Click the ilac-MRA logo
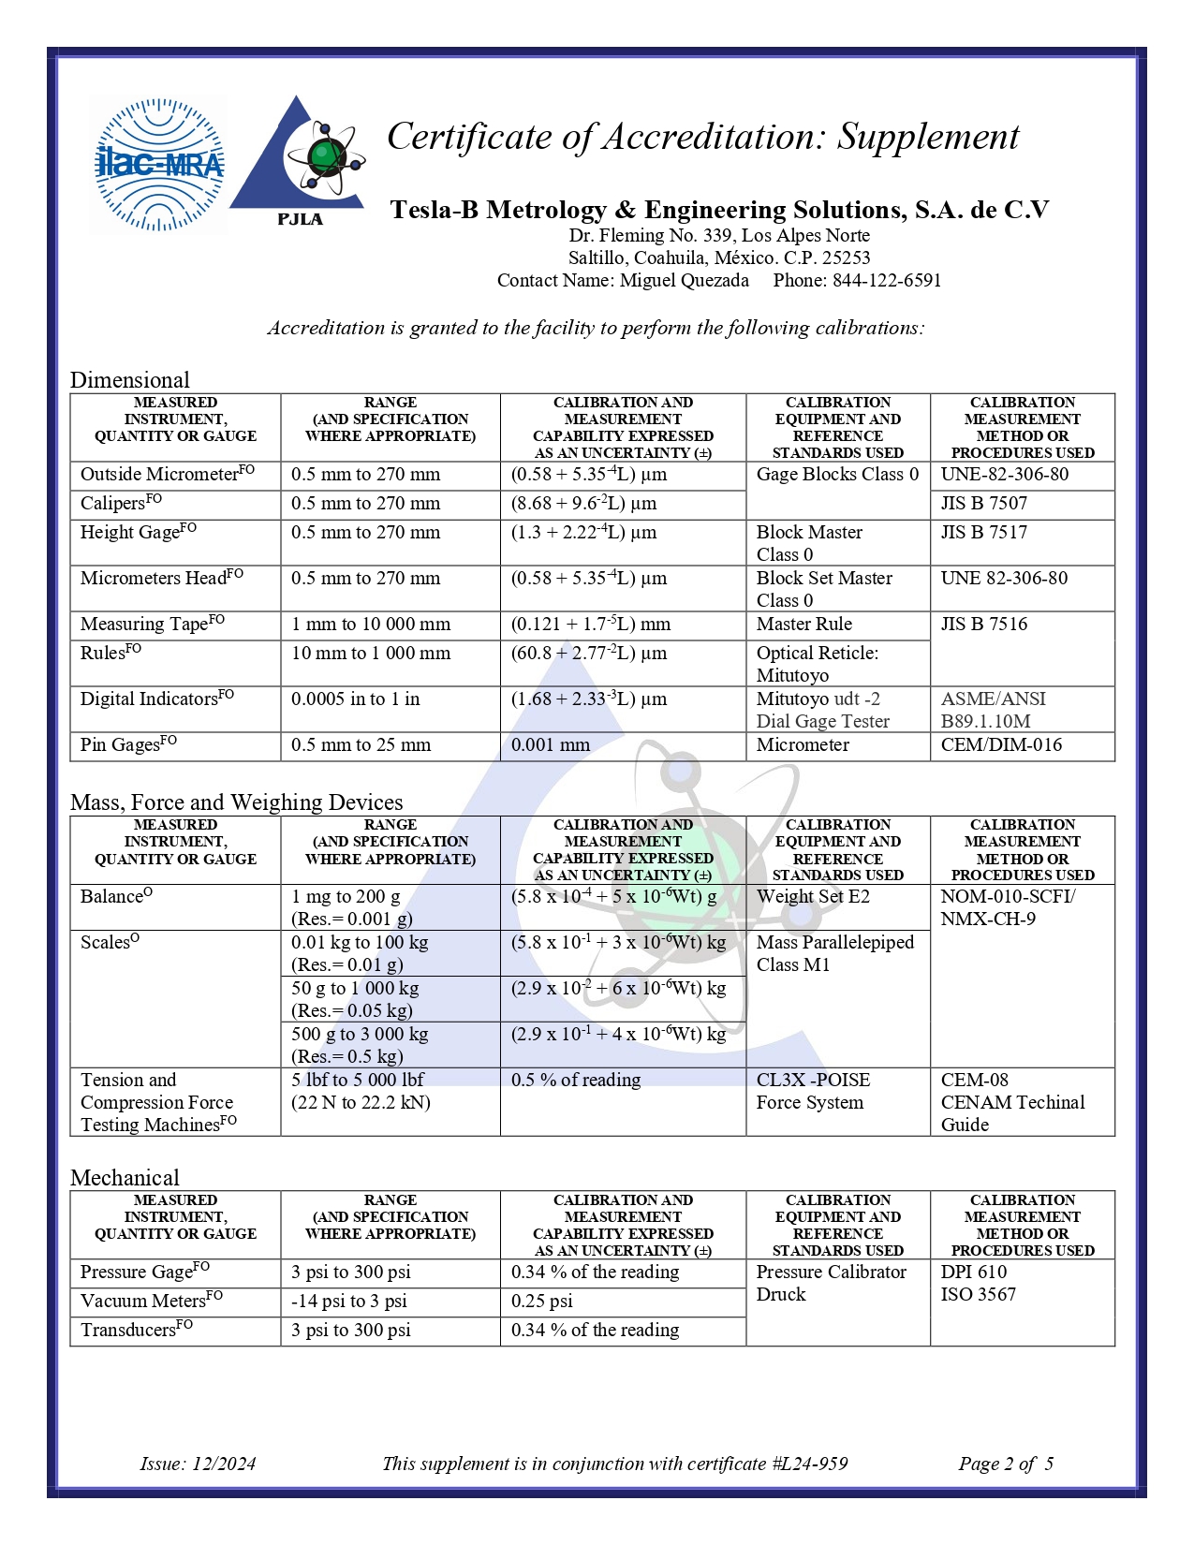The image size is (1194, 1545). coord(159,165)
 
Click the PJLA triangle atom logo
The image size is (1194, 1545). coord(299,159)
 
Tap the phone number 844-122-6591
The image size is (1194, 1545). coord(887,280)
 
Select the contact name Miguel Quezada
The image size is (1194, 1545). coord(684,280)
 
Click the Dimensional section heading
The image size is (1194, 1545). coord(130,379)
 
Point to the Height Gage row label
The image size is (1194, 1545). coord(138,532)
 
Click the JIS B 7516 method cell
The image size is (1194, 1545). coord(983,624)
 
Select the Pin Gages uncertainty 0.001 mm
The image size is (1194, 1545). coord(551,745)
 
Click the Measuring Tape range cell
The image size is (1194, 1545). coord(371,624)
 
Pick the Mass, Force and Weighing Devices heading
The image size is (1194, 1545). coord(236,802)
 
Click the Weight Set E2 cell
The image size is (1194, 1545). coord(813,896)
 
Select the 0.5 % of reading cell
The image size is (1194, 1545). coord(576,1080)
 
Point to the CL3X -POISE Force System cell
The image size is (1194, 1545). coord(813,1091)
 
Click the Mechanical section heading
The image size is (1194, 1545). coord(125,1177)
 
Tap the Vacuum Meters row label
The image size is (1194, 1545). coord(151,1301)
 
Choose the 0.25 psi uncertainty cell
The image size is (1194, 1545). coord(542,1301)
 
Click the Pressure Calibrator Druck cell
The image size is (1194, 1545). coord(831,1283)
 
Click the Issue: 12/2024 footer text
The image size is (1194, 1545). coord(198,1464)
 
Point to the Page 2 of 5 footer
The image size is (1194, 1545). coord(1006,1464)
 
